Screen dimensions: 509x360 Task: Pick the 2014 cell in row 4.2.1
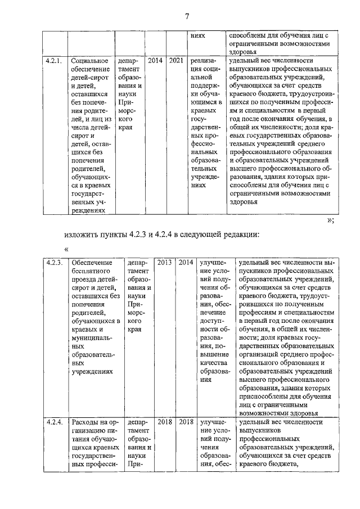coord(155,60)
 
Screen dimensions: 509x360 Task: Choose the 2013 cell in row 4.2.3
coord(164,263)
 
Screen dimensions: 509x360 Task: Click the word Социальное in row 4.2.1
coord(91,60)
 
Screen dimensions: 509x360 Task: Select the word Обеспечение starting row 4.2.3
coord(92,263)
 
